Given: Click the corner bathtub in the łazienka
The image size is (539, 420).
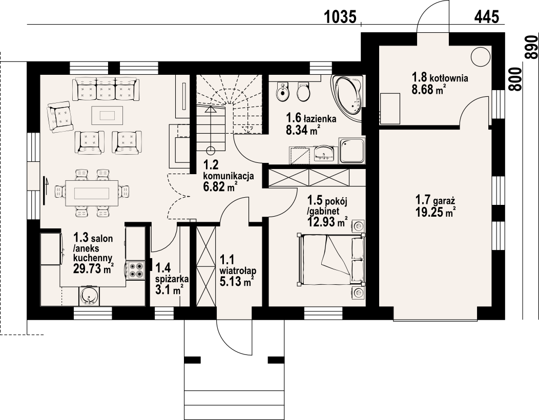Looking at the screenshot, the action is pyautogui.click(x=347, y=95).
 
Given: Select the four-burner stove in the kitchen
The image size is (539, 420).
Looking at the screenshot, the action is pyautogui.click(x=135, y=270).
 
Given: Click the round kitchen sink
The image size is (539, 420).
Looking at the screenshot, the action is pyautogui.click(x=89, y=296).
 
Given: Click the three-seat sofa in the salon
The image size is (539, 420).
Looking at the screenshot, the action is pyautogui.click(x=106, y=89).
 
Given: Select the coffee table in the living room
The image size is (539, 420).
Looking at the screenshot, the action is pyautogui.click(x=107, y=115).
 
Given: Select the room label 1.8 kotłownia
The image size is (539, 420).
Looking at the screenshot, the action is pyautogui.click(x=440, y=78).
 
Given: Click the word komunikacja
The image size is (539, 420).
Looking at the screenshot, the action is pyautogui.click(x=229, y=176).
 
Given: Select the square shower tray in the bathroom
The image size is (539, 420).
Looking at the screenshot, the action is pyautogui.click(x=352, y=150).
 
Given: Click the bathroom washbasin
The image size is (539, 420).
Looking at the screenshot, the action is pyautogui.click(x=324, y=153).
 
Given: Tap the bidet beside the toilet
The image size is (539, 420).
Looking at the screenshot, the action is pyautogui.click(x=283, y=91).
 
